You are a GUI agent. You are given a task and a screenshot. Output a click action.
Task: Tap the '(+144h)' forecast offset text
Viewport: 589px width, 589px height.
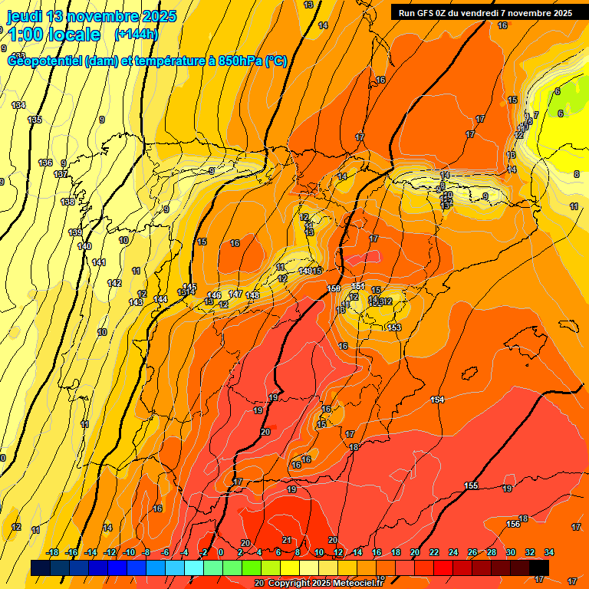click(136, 35)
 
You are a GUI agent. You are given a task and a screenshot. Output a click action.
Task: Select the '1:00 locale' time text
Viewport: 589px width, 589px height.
click(54, 35)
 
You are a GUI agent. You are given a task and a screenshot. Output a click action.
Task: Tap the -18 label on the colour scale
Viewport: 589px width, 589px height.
click(52, 552)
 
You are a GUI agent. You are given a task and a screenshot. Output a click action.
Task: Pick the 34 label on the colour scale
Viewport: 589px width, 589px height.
click(549, 552)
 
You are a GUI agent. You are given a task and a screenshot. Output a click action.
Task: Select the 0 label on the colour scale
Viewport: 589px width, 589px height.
click(221, 552)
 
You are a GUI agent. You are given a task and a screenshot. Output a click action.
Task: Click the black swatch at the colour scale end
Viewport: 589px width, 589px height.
click(539, 568)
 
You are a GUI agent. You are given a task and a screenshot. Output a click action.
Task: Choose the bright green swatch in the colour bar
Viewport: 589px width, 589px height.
click(252, 568)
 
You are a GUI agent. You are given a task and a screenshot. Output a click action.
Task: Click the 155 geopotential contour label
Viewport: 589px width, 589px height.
click(471, 485)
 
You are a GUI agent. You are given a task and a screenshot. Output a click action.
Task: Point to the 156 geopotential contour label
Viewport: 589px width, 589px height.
click(512, 524)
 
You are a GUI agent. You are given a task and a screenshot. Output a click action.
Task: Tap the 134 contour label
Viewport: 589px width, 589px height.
click(18, 105)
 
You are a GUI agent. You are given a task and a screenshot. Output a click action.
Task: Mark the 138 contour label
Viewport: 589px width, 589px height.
click(67, 202)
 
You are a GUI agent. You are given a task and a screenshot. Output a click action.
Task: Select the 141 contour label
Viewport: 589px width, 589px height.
click(98, 263)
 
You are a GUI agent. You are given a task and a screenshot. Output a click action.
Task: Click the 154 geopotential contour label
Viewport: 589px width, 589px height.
click(437, 400)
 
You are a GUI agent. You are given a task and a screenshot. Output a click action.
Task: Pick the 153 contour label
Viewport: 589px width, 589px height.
click(394, 327)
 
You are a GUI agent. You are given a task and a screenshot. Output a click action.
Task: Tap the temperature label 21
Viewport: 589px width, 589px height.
click(286, 540)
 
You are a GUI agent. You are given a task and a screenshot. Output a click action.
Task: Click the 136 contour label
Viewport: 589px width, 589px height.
click(45, 163)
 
